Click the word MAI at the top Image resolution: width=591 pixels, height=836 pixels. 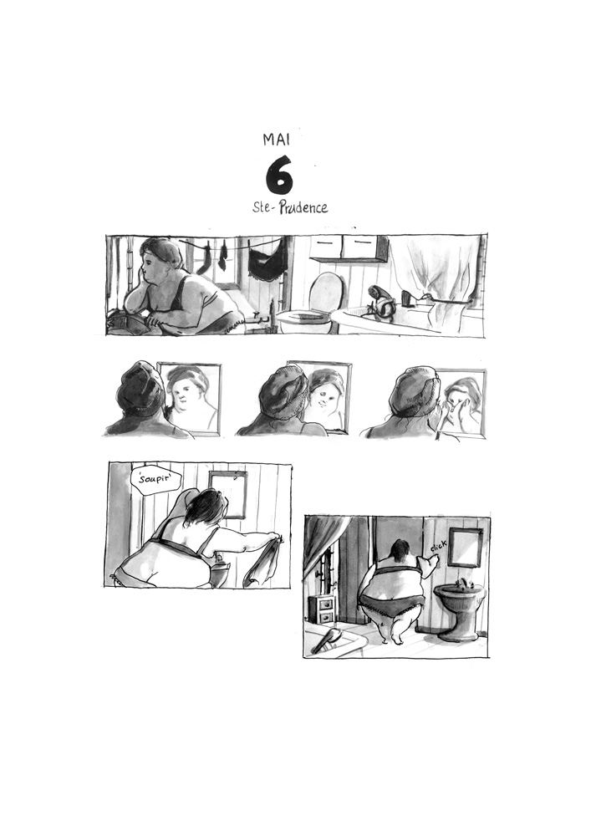point(276,138)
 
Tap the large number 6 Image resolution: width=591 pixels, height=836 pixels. point(279,175)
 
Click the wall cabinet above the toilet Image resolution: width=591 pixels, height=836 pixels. point(349,247)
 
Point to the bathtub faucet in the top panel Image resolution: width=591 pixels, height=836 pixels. point(381,302)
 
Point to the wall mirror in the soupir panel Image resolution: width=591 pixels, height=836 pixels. point(227,493)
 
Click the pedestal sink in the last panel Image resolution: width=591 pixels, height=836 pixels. point(459,607)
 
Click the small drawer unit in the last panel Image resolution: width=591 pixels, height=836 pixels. point(322,608)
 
